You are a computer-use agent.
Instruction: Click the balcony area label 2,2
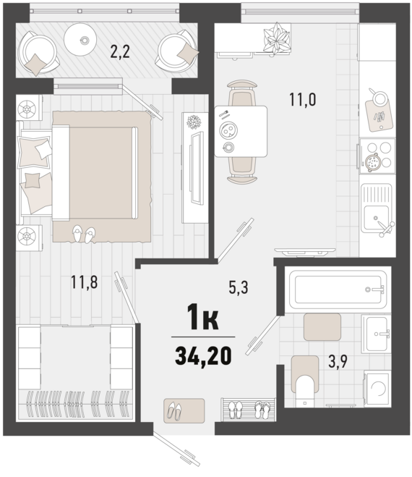(120, 51)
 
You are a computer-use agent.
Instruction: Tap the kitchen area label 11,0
(302, 99)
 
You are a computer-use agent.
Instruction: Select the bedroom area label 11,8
(84, 282)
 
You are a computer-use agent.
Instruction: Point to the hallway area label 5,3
(239, 287)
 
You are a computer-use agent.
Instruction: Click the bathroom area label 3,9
(338, 361)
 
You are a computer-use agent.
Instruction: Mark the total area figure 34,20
(203, 355)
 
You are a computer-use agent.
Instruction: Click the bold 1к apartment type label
(203, 316)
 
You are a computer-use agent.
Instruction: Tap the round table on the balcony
(80, 40)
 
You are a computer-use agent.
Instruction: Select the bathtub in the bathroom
(338, 290)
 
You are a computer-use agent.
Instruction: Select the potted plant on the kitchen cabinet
(275, 38)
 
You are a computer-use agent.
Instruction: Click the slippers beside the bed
(84, 234)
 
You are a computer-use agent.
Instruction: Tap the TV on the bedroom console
(194, 168)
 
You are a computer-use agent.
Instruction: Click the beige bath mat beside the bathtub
(322, 326)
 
